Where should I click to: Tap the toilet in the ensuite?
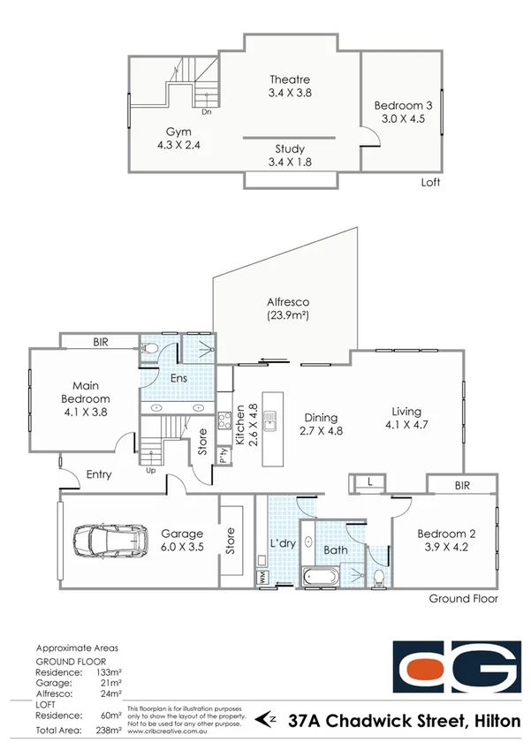150,352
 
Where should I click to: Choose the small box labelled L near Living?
368,481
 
